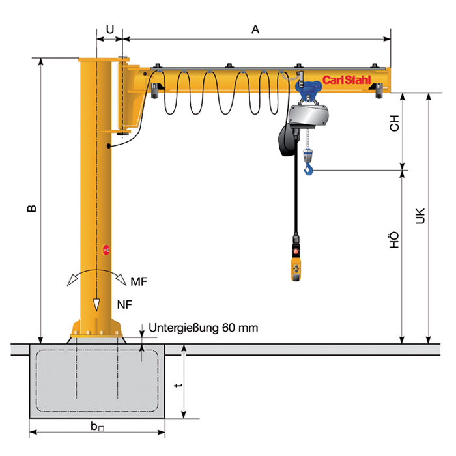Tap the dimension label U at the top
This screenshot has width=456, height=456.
click(x=109, y=29)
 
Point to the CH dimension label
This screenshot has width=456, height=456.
click(x=394, y=125)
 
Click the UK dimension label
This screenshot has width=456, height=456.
click(x=420, y=217)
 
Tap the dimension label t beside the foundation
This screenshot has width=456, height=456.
click(x=178, y=386)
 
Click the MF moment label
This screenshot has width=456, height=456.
click(x=139, y=281)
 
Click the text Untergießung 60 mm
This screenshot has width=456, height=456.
click(x=203, y=328)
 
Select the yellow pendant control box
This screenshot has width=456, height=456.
click(x=296, y=267)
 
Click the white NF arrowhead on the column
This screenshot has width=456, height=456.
click(x=96, y=304)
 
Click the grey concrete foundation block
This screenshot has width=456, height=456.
click(x=98, y=384)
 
